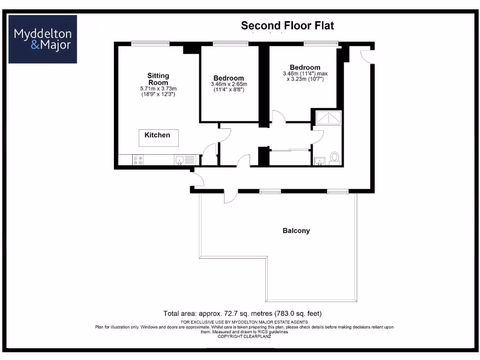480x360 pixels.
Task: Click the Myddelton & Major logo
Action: click(43, 39)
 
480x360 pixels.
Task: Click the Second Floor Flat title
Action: click(287, 25)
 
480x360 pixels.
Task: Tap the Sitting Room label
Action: click(158, 79)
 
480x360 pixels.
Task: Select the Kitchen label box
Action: click(157, 137)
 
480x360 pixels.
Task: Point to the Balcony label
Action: click(296, 231)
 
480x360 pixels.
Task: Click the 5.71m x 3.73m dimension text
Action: click(158, 89)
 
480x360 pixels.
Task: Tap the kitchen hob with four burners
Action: click(138, 160)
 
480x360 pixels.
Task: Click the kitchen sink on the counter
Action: click(180, 160)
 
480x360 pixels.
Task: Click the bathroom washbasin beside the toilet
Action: click(320, 161)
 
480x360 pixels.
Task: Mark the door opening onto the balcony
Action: click(230, 197)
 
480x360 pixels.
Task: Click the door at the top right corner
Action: click(367, 56)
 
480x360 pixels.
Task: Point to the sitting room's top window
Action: click(150, 44)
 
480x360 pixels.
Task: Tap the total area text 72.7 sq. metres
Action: click(242, 313)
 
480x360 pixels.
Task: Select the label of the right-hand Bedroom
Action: click(305, 67)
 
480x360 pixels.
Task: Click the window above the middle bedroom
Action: click(230, 44)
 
